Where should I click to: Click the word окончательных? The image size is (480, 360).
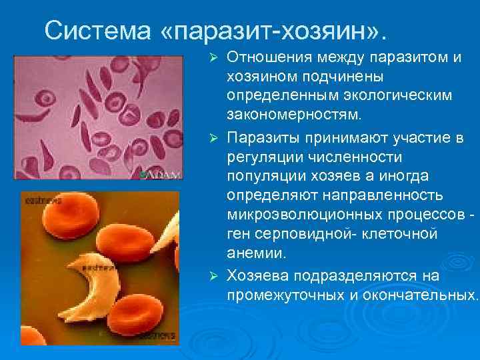tap(421, 295)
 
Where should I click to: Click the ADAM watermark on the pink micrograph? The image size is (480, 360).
tap(164, 175)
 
